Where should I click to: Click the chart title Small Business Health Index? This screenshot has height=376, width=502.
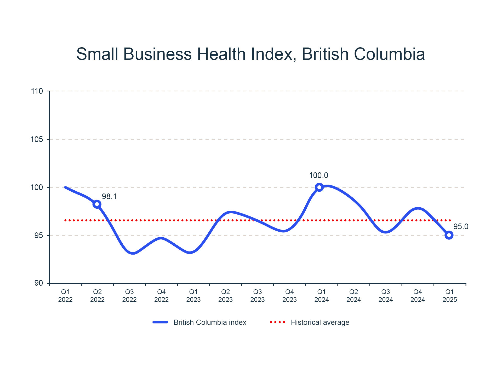click(250, 54)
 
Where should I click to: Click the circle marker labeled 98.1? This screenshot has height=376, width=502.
click(97, 204)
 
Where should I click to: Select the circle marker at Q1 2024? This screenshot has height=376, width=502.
click(319, 187)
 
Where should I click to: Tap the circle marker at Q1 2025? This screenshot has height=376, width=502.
click(449, 235)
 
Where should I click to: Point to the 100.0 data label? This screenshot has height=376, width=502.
click(318, 175)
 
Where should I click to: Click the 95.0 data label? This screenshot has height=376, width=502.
click(461, 227)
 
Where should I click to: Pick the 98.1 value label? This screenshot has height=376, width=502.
click(109, 197)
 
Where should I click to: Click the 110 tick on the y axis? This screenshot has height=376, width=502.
click(37, 91)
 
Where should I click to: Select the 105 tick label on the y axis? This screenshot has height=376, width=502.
click(37, 139)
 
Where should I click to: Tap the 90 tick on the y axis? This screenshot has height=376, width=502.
click(38, 283)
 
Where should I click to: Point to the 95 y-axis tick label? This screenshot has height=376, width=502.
click(38, 236)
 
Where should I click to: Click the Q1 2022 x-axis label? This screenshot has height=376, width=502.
click(65, 296)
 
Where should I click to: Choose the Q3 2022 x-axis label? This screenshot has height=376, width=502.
click(129, 296)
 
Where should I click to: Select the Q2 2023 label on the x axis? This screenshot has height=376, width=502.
click(225, 296)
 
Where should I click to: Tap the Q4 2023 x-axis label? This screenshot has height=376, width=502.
click(289, 296)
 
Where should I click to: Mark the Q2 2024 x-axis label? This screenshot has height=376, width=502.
click(353, 296)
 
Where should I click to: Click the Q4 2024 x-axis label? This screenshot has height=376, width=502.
click(418, 296)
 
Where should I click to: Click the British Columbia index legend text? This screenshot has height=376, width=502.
click(210, 322)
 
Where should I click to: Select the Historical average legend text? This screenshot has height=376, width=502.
click(320, 322)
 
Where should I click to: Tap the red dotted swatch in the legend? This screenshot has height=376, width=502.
click(277, 322)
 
